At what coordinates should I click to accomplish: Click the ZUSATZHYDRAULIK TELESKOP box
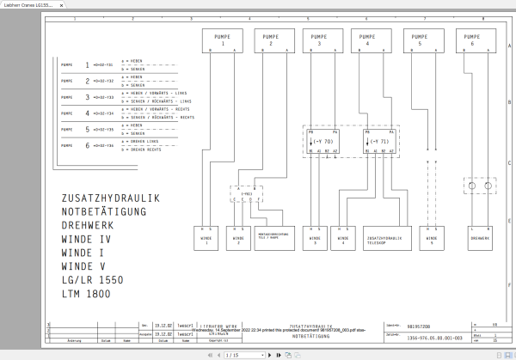(383, 238)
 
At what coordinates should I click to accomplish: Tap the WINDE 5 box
(427, 238)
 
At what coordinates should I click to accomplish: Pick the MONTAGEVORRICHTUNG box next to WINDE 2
(273, 238)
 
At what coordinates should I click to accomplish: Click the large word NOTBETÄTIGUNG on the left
(104, 211)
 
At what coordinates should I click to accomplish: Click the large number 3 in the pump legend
(87, 97)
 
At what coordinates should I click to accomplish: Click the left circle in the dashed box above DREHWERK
(472, 185)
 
